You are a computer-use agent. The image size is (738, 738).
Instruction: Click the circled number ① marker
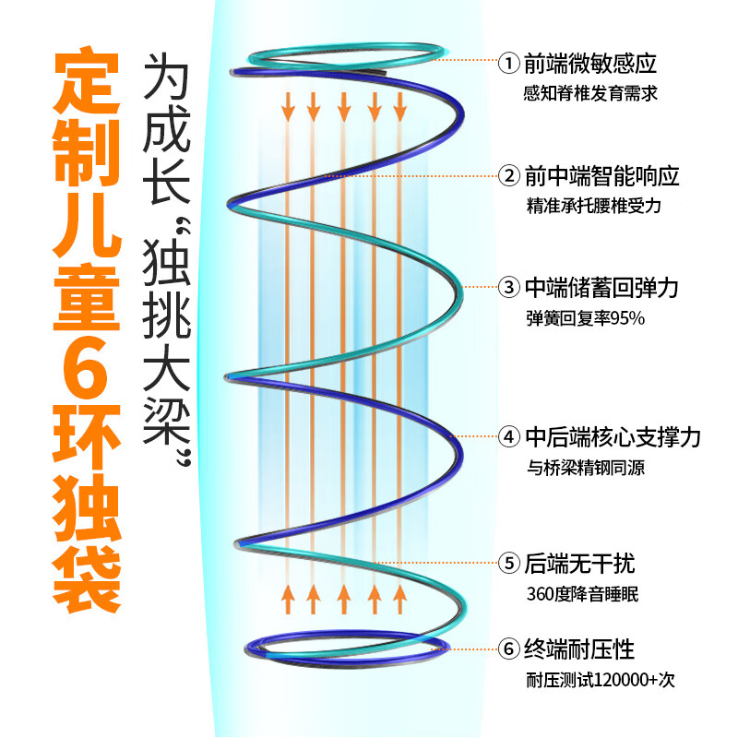[508, 65]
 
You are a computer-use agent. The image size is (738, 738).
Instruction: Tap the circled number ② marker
[508, 175]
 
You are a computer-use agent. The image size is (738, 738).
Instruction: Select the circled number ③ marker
[508, 288]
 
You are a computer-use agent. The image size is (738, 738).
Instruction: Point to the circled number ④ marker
[508, 436]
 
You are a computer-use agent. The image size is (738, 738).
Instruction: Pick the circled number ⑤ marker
[508, 562]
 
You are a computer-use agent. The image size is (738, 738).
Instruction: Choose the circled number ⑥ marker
[508, 649]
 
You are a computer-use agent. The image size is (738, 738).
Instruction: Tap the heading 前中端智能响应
[601, 175]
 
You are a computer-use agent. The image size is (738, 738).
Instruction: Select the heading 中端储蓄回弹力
[601, 288]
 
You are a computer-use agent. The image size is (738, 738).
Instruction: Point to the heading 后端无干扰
[579, 562]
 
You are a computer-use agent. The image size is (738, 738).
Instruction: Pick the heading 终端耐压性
[579, 649]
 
